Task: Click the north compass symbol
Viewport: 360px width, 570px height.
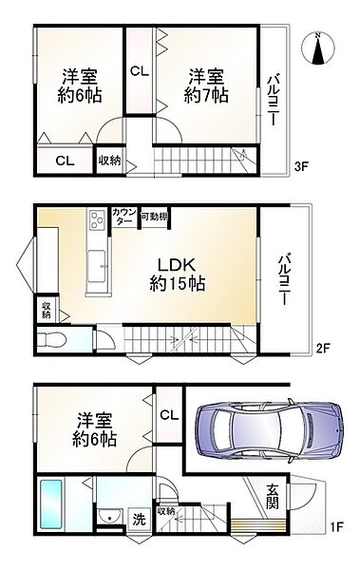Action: click(x=317, y=48)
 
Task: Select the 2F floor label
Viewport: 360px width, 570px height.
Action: click(x=322, y=349)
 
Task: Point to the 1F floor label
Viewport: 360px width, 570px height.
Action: click(x=336, y=526)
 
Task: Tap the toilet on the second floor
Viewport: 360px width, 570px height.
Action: click(x=51, y=340)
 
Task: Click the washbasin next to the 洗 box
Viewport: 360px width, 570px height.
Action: click(x=111, y=517)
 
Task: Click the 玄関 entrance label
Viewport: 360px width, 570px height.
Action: click(x=273, y=497)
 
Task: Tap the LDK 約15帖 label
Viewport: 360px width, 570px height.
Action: click(x=177, y=274)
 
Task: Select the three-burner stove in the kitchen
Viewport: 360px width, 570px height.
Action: click(x=97, y=219)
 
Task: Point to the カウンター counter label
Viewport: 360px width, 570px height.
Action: click(x=124, y=217)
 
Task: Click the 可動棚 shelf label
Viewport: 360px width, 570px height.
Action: click(x=154, y=217)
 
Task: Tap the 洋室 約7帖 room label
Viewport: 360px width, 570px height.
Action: click(x=206, y=86)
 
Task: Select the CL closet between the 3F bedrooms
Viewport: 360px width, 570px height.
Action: click(x=140, y=71)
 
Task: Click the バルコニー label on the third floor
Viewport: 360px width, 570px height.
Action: click(x=274, y=100)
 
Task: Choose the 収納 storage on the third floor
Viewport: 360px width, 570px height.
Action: click(x=110, y=161)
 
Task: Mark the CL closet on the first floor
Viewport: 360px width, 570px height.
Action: click(x=169, y=414)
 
